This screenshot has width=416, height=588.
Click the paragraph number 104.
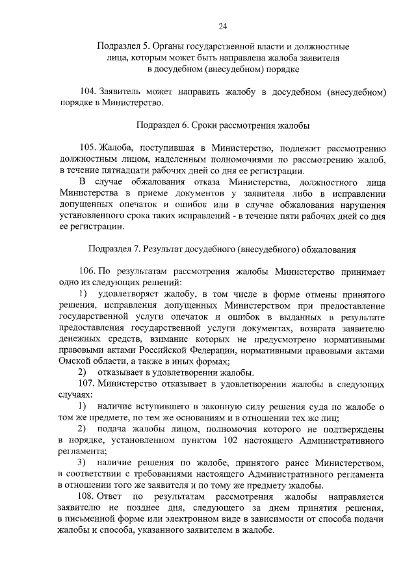pos(87,92)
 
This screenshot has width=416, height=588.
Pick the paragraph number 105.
pos(87,147)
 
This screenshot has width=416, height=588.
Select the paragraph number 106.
pos(87,272)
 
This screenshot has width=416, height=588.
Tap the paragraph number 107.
pos(87,383)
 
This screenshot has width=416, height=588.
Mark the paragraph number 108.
pos(87,496)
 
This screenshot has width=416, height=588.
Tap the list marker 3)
pos(82,463)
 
